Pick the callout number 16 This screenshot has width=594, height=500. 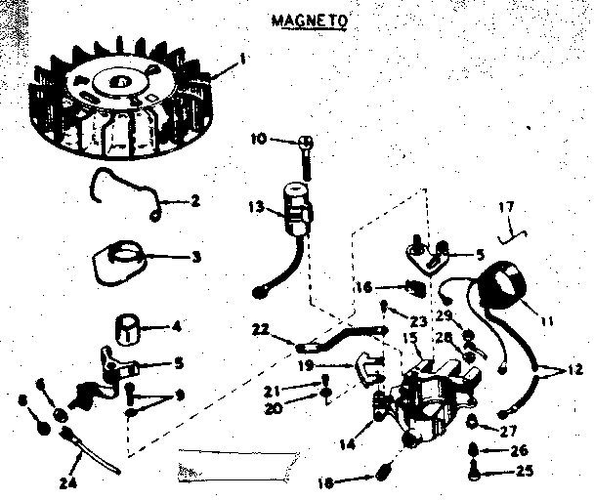click(361, 287)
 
